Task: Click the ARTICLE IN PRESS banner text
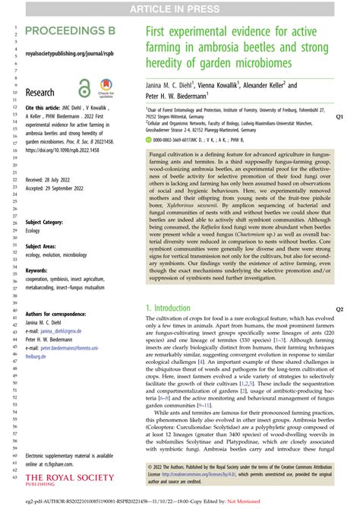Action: pos(180,8)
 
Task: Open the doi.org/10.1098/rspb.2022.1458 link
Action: pos(65,151)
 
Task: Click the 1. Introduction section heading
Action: pos(174,308)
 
